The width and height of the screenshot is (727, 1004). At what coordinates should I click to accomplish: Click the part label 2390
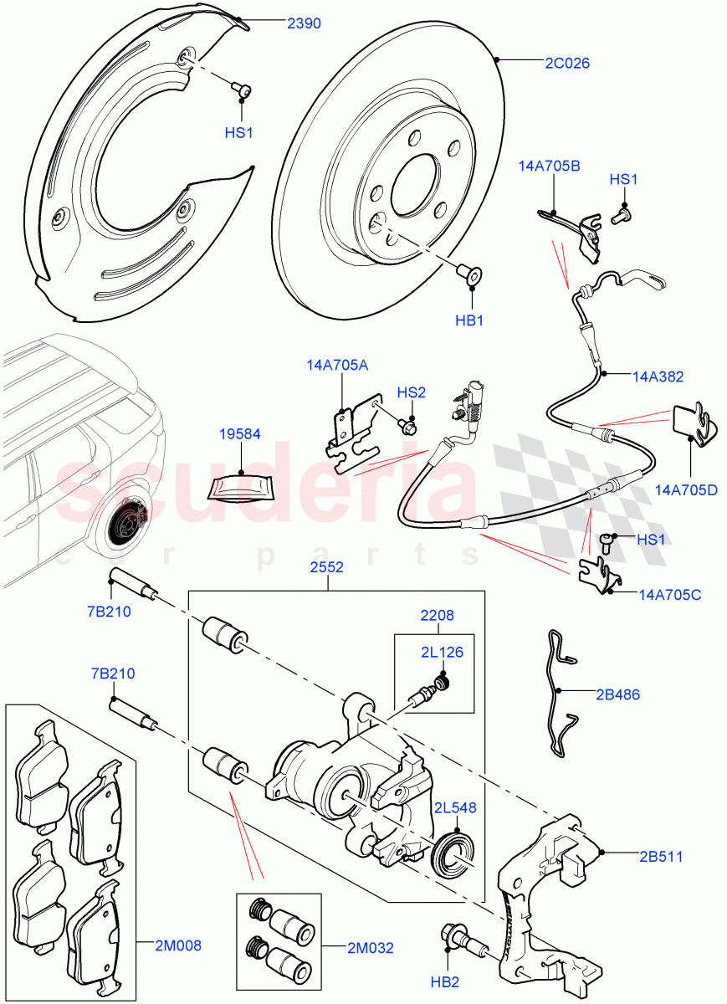[x=304, y=24]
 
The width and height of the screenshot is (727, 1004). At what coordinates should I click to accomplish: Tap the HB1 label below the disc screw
[x=473, y=319]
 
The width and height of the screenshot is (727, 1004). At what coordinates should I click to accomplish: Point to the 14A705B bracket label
[x=549, y=166]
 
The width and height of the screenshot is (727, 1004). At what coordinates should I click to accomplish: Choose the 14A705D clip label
[x=687, y=489]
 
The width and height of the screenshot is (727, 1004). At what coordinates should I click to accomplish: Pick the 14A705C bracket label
[x=669, y=595]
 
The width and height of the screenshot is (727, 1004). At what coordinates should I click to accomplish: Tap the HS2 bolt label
[x=411, y=392]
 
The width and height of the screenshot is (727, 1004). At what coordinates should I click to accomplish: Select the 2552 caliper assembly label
[x=327, y=566]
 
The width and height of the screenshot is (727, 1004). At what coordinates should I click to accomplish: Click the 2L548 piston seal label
[x=455, y=807]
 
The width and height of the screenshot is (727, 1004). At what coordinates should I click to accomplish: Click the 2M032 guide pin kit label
[x=371, y=948]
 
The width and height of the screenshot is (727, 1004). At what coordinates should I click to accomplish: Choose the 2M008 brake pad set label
[x=177, y=945]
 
